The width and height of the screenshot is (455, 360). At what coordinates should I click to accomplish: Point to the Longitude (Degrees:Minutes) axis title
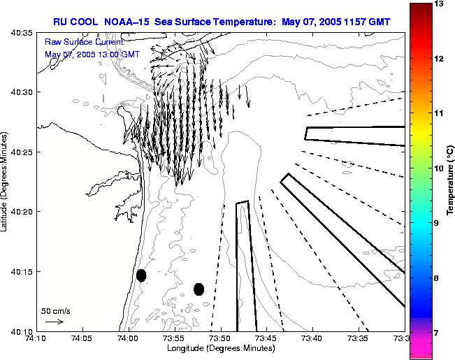click(221, 348)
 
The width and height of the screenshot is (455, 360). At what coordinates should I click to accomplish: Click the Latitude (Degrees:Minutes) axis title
click(6, 182)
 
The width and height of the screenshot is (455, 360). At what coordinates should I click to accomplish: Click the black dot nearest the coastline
click(141, 275)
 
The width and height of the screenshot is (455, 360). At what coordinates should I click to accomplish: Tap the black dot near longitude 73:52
click(198, 289)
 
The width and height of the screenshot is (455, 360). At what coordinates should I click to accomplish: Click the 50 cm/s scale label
click(56, 310)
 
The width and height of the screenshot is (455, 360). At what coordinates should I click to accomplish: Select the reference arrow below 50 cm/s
click(54, 322)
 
